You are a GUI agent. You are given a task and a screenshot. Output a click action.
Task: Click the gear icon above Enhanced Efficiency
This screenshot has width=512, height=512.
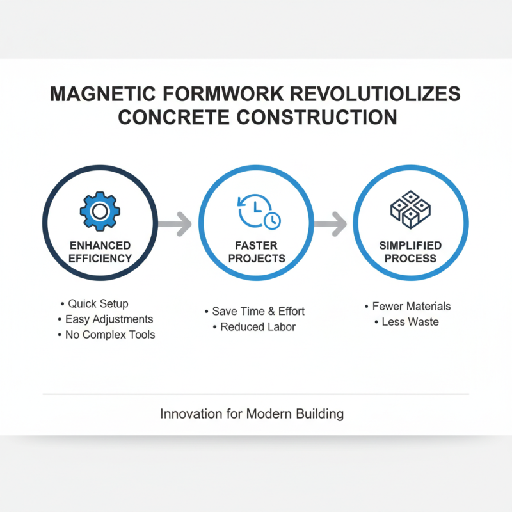coord(99,211)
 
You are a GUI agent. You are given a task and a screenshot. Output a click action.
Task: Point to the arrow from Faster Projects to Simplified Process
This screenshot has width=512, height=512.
coord(330,224)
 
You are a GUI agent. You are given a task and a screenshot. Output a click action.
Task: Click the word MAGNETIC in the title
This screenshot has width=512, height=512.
coord(103,93)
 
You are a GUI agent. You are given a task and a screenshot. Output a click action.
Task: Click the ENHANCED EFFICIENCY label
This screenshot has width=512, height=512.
coord(100,252)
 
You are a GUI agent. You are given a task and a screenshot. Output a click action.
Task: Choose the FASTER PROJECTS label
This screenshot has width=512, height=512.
coord(255,252)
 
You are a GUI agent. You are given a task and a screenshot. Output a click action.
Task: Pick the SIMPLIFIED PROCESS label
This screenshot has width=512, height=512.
coord(410,252)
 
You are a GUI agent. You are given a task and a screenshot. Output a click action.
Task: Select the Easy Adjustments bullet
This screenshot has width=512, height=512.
coord(106,319)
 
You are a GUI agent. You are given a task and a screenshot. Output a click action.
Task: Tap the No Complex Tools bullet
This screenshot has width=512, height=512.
coord(106,334)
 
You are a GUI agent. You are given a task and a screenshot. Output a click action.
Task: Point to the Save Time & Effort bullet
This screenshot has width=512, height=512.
coord(255,311)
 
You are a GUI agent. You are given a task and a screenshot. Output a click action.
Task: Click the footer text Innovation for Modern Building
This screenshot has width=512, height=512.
coord(252,413)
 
